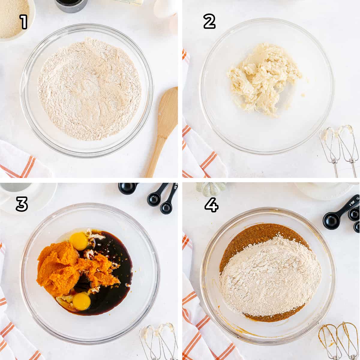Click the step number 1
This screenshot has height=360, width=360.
pos(24,22)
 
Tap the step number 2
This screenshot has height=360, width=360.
pos(209,22)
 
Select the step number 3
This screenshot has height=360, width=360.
pos(22,204)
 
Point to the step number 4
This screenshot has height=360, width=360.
pos(211,205)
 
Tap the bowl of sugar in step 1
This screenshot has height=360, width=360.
pos(15,19)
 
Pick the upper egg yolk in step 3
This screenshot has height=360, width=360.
pos(79,242)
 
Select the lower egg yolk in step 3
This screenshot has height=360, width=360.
pos(82,301)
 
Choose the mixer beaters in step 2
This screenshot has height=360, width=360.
pos(339,149)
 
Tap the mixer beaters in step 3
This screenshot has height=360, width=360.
pos(159,342)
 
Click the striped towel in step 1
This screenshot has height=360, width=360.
pos(21,161)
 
